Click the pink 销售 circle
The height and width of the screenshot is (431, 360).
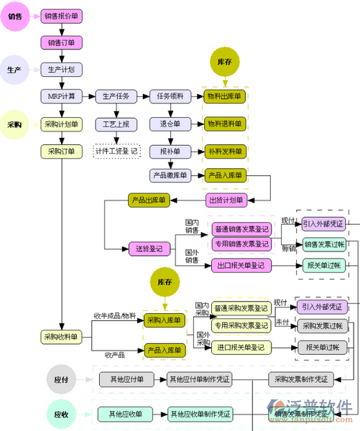tap(14, 16)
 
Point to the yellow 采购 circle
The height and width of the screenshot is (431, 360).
tap(14, 124)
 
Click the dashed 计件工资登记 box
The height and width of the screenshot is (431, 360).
tap(116, 151)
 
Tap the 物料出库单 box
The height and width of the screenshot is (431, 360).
tap(225, 96)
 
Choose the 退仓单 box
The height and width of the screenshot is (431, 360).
tap(170, 124)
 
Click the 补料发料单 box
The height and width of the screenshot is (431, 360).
tap(225, 151)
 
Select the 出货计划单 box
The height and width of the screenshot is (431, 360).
tap(225, 199)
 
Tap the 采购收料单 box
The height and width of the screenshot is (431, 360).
tap(61, 337)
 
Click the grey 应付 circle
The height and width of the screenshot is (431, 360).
tap(61, 379)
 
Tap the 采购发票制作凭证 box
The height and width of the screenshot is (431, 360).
tap(301, 379)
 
